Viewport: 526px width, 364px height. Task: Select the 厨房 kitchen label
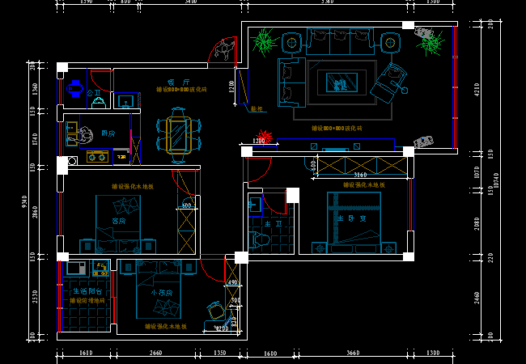tap(108, 133)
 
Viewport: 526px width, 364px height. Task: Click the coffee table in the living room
tap(337, 82)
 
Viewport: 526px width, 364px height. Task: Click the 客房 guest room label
tap(119, 220)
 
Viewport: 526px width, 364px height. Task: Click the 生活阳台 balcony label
tap(87, 291)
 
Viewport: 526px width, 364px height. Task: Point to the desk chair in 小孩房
tap(214, 310)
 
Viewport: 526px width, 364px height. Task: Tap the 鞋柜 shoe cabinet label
tap(257, 108)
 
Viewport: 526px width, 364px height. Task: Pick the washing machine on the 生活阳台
tap(77, 267)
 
